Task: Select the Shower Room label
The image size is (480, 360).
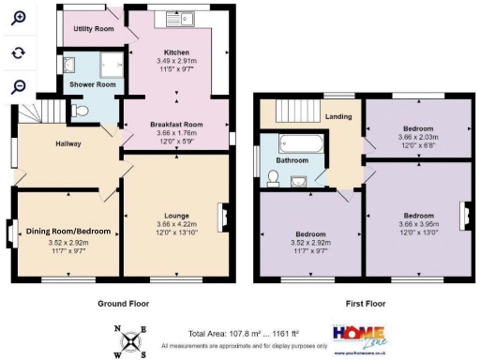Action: [92, 85]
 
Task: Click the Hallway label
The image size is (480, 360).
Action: [68, 143]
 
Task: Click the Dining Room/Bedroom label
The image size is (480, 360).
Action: [67, 232]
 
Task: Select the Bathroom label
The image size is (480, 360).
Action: [292, 160]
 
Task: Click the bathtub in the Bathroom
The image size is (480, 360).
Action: [301, 144]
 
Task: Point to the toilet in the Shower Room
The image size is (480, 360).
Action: [82, 111]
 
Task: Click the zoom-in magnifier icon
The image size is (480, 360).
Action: [18, 18]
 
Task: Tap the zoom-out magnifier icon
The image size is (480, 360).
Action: [18, 86]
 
